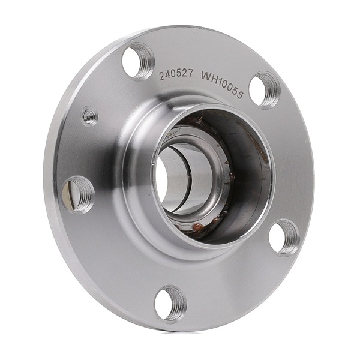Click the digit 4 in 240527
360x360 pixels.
point(168,74)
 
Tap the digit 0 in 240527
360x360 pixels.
point(173,74)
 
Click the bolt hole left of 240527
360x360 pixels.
point(137,61)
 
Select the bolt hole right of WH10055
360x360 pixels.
point(265,89)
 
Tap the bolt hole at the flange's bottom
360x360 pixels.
point(170,304)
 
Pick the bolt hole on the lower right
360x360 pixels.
point(284,237)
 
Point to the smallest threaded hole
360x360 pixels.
point(90,115)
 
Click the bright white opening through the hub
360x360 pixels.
point(162,174)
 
